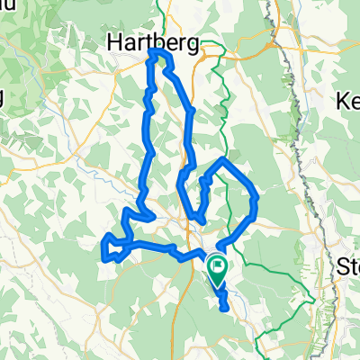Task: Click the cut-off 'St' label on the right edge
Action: [x=348, y=266]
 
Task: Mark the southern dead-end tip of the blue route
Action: [x=223, y=308]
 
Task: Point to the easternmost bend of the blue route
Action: [x=258, y=195]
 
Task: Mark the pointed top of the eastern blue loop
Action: [x=222, y=159]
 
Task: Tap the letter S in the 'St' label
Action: [x=344, y=266]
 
